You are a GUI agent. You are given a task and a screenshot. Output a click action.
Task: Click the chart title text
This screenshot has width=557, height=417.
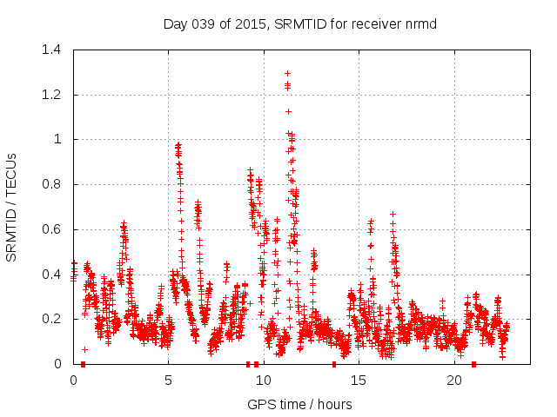299,23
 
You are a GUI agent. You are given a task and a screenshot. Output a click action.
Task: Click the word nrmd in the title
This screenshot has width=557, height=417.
419,23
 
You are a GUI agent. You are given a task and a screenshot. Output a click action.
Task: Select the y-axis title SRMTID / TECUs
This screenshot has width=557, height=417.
11,207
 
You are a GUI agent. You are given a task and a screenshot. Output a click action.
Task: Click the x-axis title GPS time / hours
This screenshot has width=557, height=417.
299,404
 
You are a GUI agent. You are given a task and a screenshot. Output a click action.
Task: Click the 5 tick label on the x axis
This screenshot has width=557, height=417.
169,380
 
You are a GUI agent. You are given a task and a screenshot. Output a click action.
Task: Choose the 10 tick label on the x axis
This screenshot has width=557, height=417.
264,380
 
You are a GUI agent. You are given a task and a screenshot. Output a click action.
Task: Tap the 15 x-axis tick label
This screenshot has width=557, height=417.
359,380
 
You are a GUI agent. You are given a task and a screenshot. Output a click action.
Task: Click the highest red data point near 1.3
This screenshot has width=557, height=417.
287,74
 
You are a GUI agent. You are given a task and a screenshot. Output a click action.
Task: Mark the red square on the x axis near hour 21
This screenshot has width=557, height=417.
473,364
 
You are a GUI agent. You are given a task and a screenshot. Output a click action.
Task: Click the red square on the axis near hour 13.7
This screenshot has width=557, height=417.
334,364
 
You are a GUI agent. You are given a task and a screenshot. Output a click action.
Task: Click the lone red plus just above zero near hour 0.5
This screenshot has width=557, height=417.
84,349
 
